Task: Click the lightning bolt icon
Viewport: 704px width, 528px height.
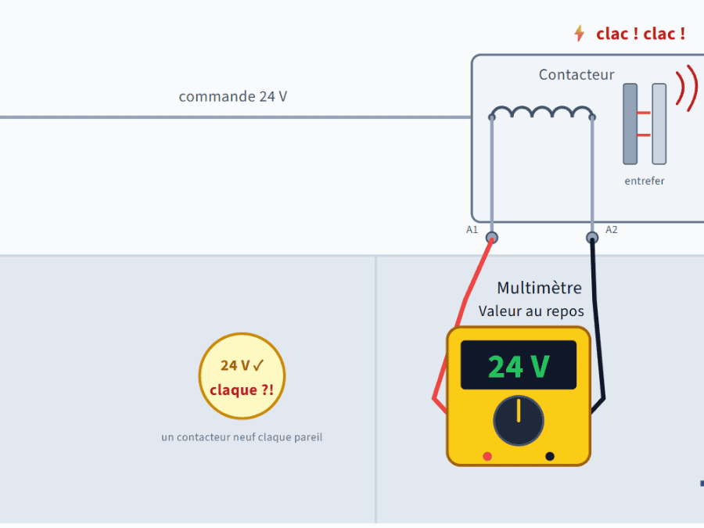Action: point(580,33)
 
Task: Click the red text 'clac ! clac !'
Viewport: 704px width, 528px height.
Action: point(641,34)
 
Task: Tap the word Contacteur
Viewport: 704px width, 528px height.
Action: point(576,74)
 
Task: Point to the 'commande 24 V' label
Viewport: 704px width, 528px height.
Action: point(233,96)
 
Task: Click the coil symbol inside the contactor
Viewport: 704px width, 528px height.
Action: point(542,112)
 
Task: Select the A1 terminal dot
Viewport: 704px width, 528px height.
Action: point(492,238)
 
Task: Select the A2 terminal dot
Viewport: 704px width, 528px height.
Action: point(592,238)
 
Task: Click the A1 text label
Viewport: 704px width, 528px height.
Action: point(472,230)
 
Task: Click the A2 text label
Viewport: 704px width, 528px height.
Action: point(612,230)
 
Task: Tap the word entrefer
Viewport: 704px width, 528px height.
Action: point(645,181)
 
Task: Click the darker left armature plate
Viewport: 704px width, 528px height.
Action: point(630,124)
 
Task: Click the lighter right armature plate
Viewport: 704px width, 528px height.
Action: point(659,124)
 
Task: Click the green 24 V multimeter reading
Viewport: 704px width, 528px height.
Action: point(519,367)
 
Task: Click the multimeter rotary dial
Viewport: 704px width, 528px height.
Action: point(519,421)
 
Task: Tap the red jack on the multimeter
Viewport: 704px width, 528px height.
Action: point(487,456)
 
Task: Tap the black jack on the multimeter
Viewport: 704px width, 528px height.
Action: point(550,456)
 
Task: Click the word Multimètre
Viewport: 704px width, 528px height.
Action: point(539,288)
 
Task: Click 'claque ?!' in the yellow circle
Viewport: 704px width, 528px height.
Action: point(242,390)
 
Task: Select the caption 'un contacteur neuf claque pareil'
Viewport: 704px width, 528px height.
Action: point(242,436)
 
